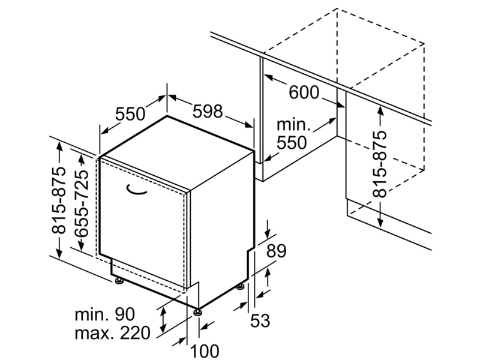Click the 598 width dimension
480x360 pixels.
click(x=207, y=111)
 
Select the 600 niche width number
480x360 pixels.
click(x=304, y=92)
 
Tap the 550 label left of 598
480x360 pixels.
click(x=130, y=114)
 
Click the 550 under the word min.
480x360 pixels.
click(x=292, y=142)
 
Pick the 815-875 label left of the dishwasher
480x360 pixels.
click(x=58, y=200)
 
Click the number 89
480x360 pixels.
click(x=276, y=251)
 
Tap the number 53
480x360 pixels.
click(x=260, y=320)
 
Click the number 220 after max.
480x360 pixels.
click(x=135, y=333)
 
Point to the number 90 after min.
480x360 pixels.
click(x=124, y=314)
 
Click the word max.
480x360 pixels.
click(x=92, y=334)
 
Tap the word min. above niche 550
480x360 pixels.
click(x=293, y=125)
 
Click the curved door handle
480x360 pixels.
click(x=136, y=190)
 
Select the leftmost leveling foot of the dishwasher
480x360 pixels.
click(x=119, y=280)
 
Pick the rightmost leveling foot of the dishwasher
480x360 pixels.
click(x=241, y=287)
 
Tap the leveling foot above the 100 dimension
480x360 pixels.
click(x=197, y=312)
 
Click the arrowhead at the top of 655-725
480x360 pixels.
click(x=82, y=159)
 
